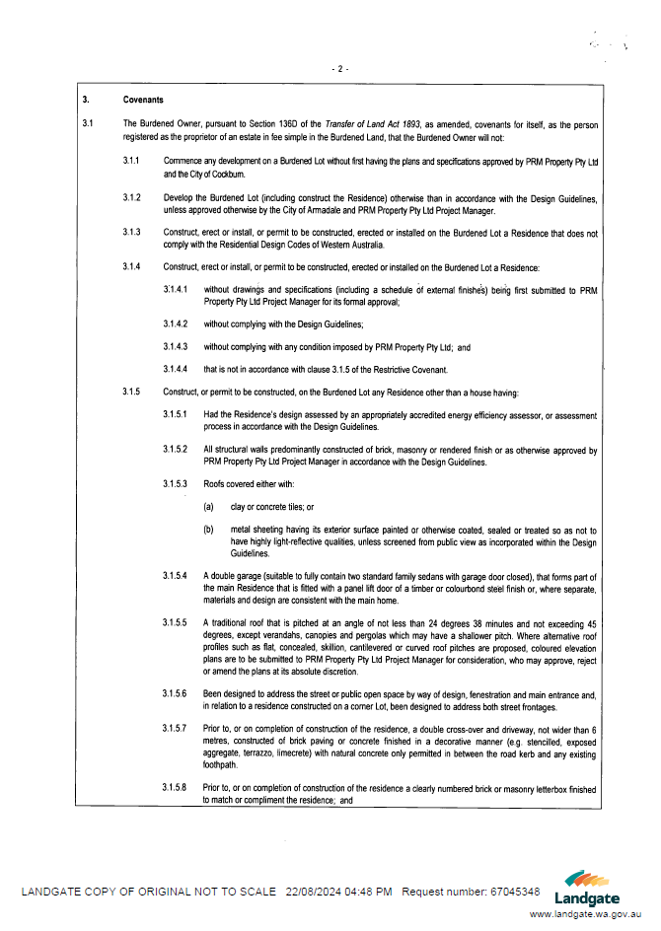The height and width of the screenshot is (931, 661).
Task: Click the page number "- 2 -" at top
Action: (341, 69)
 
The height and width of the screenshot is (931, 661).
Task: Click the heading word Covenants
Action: (143, 100)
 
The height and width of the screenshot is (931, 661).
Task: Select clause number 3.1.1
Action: (131, 159)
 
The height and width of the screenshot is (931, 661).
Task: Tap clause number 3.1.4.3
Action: (177, 347)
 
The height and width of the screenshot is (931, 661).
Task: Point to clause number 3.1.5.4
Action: (177, 576)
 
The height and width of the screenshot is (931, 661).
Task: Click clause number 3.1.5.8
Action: (177, 789)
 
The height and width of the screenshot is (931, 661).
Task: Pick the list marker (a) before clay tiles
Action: (209, 507)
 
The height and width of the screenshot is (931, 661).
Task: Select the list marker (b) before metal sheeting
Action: (209, 531)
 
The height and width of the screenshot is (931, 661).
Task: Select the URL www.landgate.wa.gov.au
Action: (587, 914)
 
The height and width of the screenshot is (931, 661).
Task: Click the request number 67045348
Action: (515, 892)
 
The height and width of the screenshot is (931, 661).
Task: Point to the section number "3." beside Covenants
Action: (86, 100)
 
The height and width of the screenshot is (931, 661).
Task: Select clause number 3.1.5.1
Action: (177, 414)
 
